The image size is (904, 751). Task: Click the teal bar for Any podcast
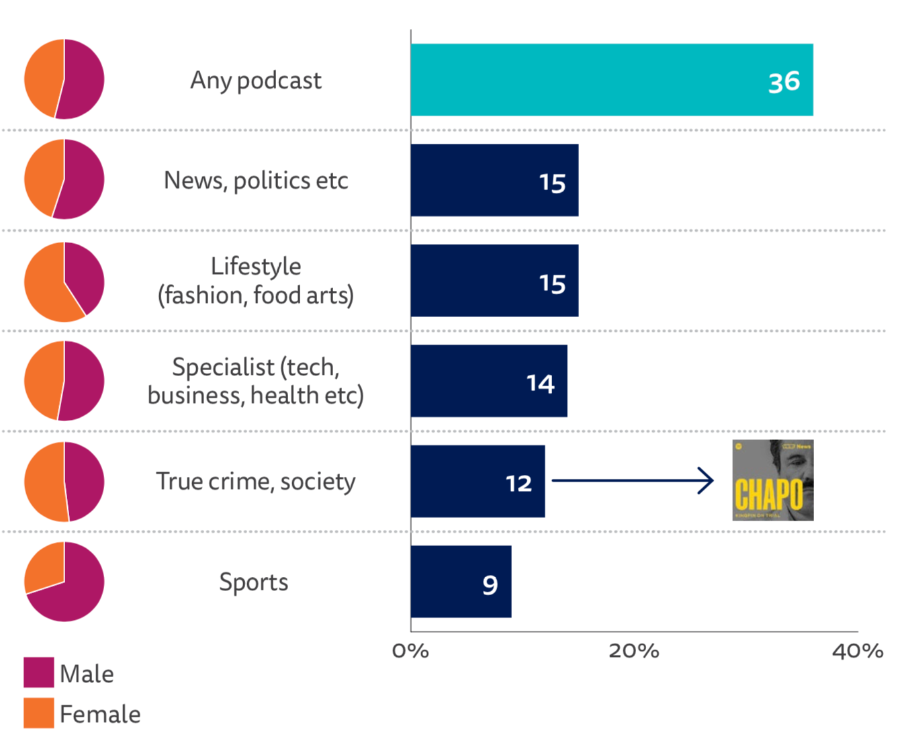591,80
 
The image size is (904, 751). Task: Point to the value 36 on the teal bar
784,82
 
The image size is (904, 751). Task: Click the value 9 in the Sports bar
490,585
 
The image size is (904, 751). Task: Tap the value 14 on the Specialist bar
540,384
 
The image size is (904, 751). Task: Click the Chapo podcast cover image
772,480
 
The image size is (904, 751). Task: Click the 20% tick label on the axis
633,651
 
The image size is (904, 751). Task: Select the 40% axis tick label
857,651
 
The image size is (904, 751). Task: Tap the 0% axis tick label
410,651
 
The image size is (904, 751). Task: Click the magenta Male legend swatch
38,672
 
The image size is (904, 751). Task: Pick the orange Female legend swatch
38,713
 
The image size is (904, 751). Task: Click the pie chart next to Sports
64,582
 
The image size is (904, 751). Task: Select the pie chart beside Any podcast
64,79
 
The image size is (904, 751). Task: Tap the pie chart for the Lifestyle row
64,281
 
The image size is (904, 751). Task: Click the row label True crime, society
255,482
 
